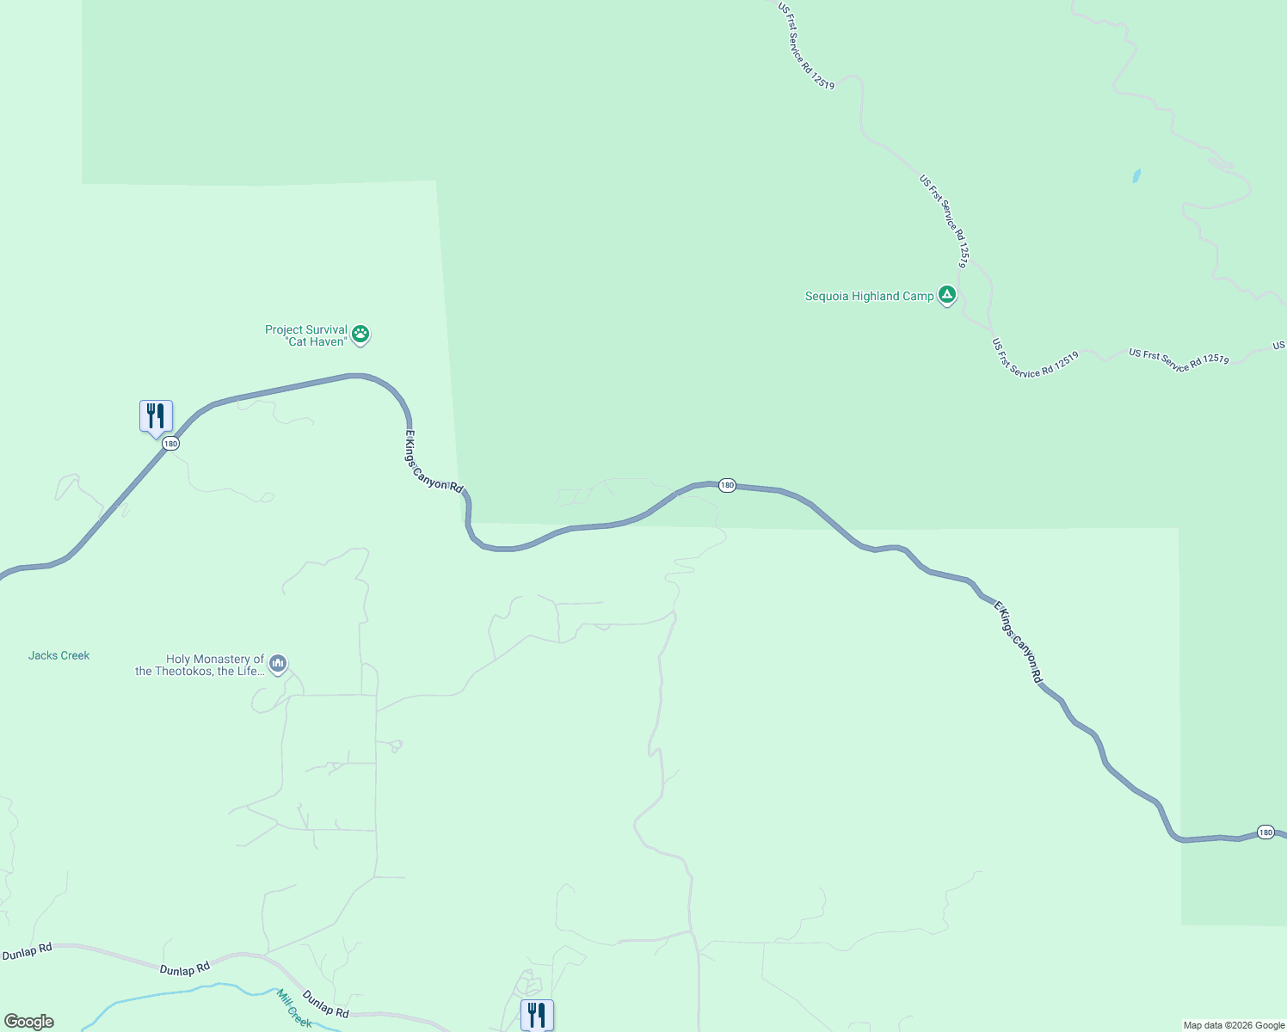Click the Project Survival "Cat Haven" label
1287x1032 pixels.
pyautogui.click(x=305, y=335)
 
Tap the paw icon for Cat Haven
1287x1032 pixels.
pyautogui.click(x=361, y=334)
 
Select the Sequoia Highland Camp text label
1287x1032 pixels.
pyautogui.click(x=869, y=297)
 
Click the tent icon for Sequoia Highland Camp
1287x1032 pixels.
pyautogui.click(x=947, y=295)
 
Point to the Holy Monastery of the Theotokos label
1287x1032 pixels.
pyautogui.click(x=200, y=666)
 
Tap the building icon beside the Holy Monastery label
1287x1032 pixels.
pyautogui.click(x=277, y=664)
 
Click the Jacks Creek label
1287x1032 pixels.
pyautogui.click(x=58, y=655)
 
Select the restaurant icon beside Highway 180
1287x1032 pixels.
pyautogui.click(x=156, y=416)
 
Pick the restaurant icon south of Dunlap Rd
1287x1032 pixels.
pyautogui.click(x=537, y=1015)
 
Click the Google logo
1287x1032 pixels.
pyautogui.click(x=29, y=1022)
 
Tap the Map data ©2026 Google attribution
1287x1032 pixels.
pyautogui.click(x=1234, y=1025)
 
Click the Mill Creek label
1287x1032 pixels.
pyautogui.click(x=294, y=1009)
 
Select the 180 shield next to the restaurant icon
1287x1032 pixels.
pyautogui.click(x=170, y=444)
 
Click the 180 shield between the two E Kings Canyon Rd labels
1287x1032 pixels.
pyautogui.click(x=727, y=486)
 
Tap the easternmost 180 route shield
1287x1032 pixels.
pyautogui.click(x=1265, y=832)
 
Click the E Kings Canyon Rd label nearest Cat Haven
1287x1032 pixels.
pyautogui.click(x=434, y=462)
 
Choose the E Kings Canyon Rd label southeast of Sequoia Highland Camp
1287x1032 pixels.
pyautogui.click(x=1019, y=642)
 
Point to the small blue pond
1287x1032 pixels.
pyautogui.click(x=1136, y=175)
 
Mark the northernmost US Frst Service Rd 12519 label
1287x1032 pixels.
pyautogui.click(x=806, y=46)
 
